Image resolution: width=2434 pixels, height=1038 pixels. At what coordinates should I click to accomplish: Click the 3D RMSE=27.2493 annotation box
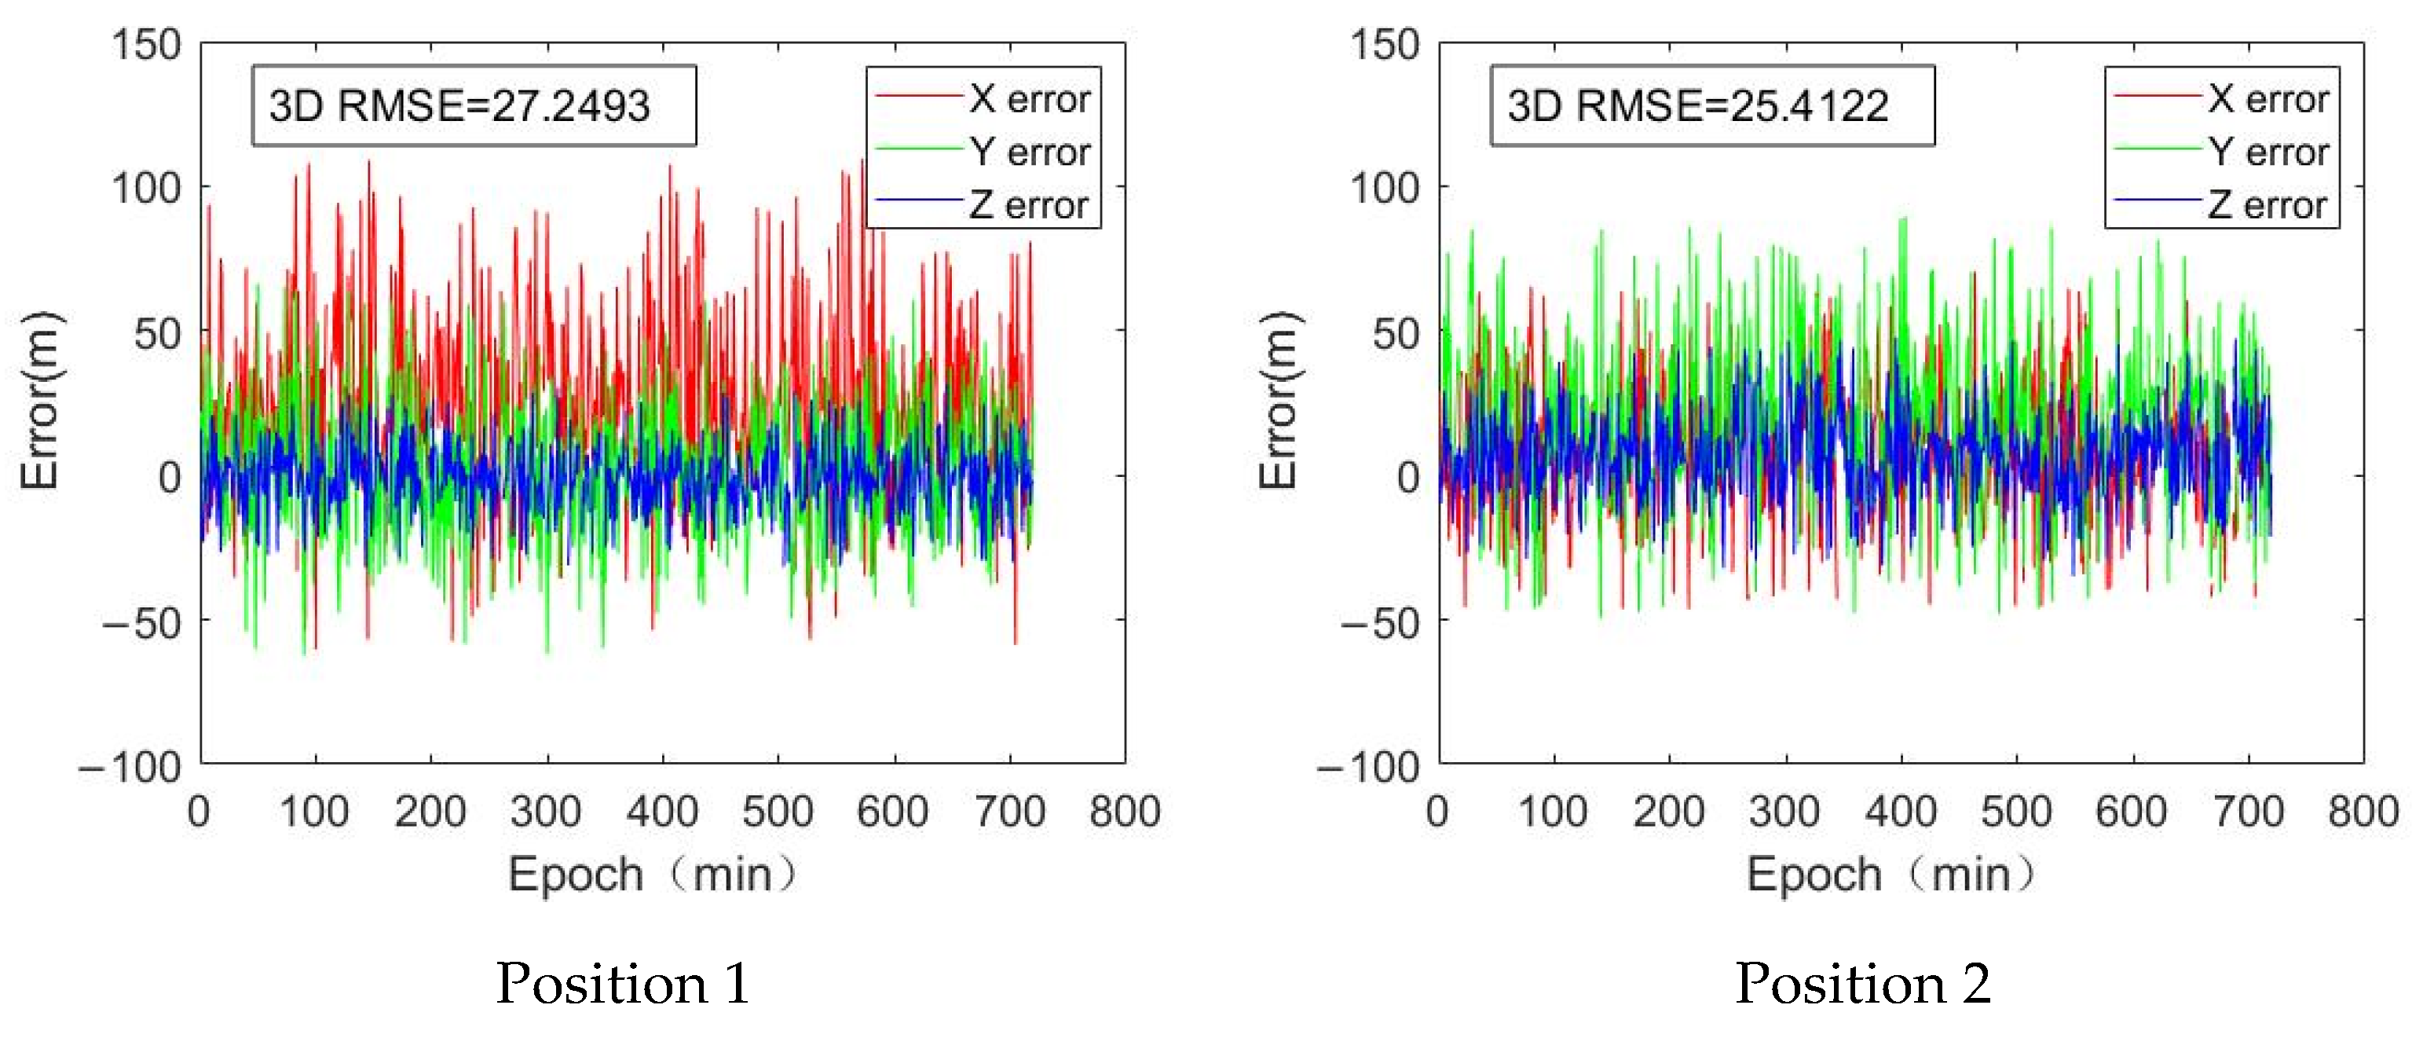pyautogui.click(x=473, y=105)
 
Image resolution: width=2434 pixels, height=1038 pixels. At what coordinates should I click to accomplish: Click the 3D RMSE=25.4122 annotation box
pyautogui.click(x=1711, y=105)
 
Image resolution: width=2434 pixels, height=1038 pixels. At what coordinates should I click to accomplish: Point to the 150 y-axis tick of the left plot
pyautogui.click(x=145, y=45)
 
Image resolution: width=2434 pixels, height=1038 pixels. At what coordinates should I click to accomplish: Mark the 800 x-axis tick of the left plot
pyautogui.click(x=1125, y=811)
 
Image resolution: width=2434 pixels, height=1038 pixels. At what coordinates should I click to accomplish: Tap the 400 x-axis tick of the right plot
pyautogui.click(x=1900, y=811)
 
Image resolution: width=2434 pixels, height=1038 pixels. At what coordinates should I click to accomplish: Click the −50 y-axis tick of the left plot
pyautogui.click(x=141, y=622)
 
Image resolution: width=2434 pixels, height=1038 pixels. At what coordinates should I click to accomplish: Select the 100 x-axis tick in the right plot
pyautogui.click(x=1553, y=811)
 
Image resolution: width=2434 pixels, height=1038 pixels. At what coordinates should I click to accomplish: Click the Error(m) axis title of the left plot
pyautogui.click(x=40, y=399)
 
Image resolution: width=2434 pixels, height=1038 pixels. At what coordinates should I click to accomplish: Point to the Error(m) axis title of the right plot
pyautogui.click(x=1279, y=399)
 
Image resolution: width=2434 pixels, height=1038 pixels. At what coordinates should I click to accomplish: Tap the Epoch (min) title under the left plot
pyautogui.click(x=652, y=874)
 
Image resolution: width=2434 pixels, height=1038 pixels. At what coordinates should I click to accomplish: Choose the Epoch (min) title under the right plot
pyautogui.click(x=1890, y=874)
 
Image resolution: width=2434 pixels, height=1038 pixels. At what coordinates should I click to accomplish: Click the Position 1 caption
pyautogui.click(x=623, y=983)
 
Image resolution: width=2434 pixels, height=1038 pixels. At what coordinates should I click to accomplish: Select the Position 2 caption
pyautogui.click(x=1862, y=983)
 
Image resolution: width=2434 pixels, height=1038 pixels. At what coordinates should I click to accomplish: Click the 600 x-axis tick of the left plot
pyautogui.click(x=893, y=811)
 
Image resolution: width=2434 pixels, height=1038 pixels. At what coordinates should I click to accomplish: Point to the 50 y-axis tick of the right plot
pyautogui.click(x=1396, y=334)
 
